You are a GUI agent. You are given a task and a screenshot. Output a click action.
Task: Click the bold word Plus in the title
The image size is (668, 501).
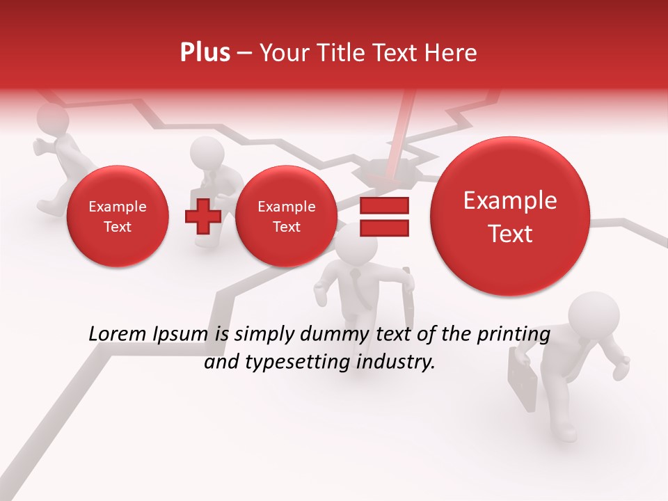(205, 53)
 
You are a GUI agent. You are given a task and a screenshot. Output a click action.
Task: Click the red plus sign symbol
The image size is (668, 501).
(202, 216)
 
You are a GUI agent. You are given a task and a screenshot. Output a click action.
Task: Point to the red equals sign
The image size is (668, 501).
(383, 216)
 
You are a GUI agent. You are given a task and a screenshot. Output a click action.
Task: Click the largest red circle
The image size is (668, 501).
(510, 216)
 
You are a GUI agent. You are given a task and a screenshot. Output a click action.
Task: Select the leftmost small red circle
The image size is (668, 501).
(117, 216)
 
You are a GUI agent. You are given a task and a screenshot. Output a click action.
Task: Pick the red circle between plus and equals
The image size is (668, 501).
(286, 216)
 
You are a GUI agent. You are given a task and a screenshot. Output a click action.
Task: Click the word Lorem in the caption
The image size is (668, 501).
(114, 335)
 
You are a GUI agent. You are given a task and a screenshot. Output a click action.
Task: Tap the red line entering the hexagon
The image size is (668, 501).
(402, 132)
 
